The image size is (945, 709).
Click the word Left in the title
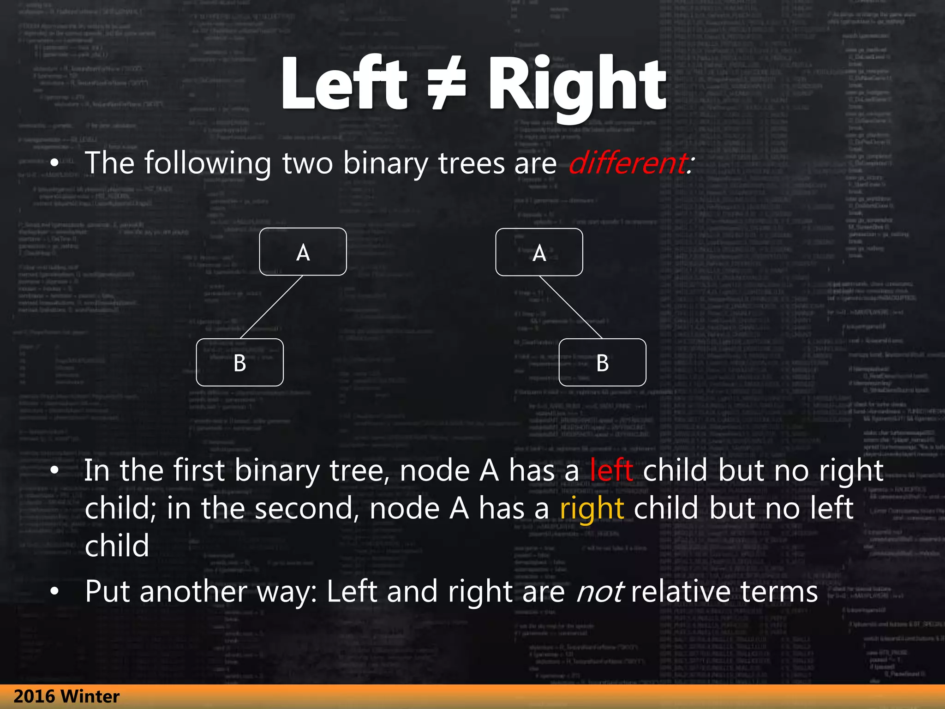[x=344, y=83]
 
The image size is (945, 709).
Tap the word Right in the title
[x=577, y=85]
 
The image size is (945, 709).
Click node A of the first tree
[x=303, y=252]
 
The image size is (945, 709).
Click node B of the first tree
[x=239, y=363]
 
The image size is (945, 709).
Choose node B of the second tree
[x=602, y=363]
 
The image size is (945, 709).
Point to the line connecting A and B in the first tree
[x=271, y=307]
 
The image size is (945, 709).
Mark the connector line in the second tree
[x=571, y=307]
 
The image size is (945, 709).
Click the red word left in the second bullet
[x=611, y=471]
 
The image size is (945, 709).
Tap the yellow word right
[x=592, y=509]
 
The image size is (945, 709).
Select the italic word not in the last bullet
[x=600, y=592]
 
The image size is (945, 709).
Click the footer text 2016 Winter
[x=66, y=697]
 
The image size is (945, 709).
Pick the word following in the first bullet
[x=208, y=164]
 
